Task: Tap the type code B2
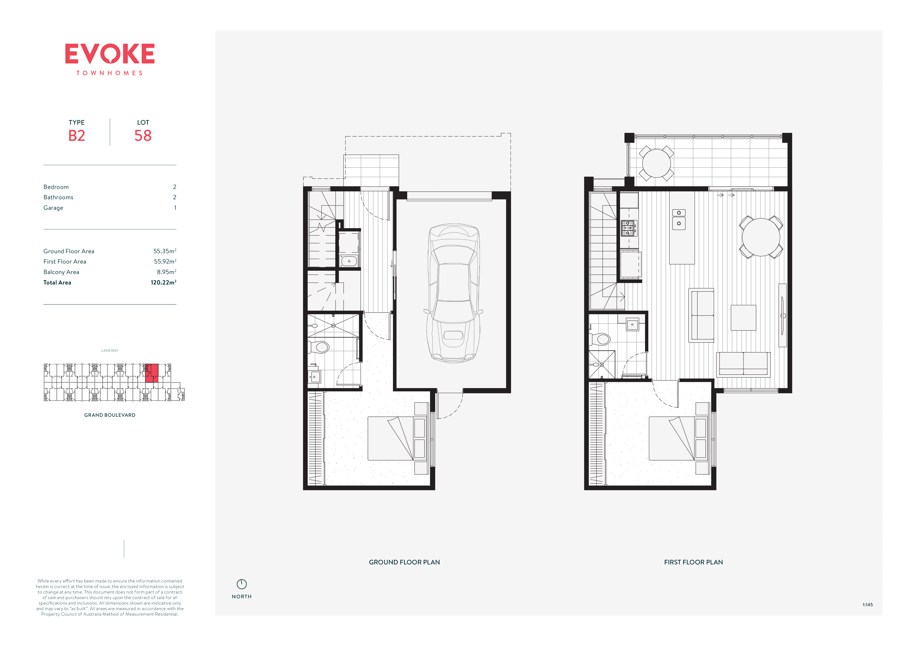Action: click(x=77, y=136)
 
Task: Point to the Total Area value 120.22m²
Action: click(x=163, y=282)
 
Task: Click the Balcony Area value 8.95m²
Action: click(x=167, y=272)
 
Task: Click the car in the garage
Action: click(x=453, y=293)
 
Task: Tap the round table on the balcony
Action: click(x=656, y=163)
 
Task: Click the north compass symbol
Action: click(x=242, y=584)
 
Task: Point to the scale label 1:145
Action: click(x=868, y=605)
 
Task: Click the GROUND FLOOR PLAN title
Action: click(x=404, y=562)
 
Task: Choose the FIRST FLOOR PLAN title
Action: click(x=693, y=562)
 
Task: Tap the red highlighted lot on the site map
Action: click(x=151, y=373)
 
